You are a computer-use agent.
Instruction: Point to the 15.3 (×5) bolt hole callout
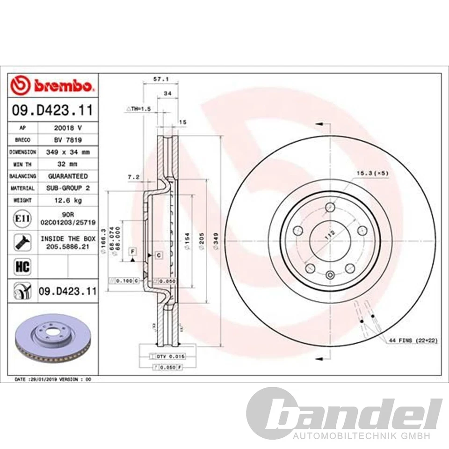(372, 173)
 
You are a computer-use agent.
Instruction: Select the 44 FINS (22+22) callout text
(412, 341)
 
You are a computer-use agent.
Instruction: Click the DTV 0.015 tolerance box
(168, 356)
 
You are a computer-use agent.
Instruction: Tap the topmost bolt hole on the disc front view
(330, 207)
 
